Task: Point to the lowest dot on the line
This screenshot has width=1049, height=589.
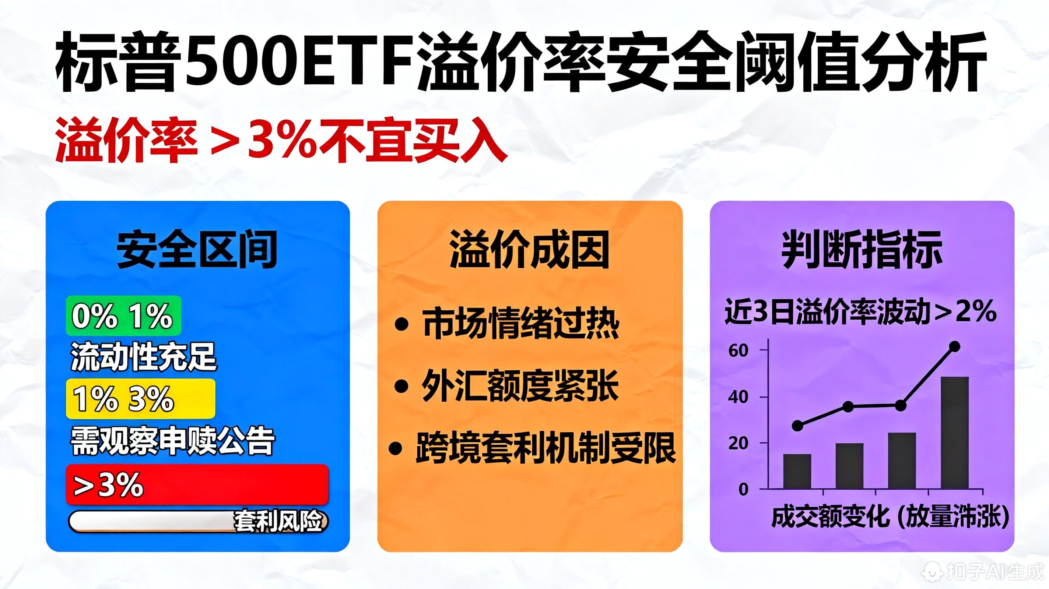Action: pyautogui.click(x=797, y=426)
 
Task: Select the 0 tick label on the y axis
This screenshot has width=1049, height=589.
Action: pyautogui.click(x=744, y=489)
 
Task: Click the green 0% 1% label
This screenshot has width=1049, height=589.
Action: pyautogui.click(x=123, y=316)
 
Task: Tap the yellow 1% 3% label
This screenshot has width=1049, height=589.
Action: pyautogui.click(x=140, y=399)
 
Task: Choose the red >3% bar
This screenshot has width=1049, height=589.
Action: pyautogui.click(x=197, y=484)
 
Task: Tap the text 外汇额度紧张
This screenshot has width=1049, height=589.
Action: pyautogui.click(x=520, y=385)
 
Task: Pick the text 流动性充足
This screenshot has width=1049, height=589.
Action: pyautogui.click(x=143, y=357)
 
